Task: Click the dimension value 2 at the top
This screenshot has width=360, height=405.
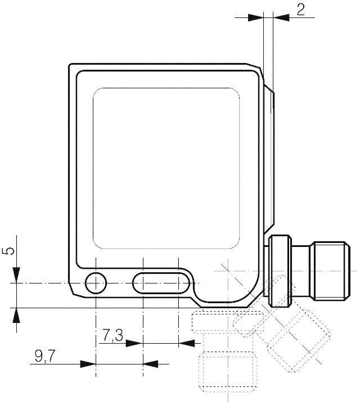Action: tap(300, 10)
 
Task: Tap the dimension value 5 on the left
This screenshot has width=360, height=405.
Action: tap(8, 251)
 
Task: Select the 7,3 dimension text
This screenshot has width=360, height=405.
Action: tap(112, 335)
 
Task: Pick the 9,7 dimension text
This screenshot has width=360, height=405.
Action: tap(45, 356)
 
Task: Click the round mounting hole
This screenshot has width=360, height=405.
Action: tap(96, 283)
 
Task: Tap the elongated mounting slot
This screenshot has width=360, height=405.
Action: tap(161, 283)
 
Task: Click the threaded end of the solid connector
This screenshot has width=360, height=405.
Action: tap(330, 271)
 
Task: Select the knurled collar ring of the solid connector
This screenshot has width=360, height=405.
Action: tap(280, 271)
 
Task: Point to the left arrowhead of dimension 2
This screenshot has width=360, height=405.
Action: tap(256, 17)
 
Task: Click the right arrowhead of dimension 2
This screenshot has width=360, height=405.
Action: tap(281, 17)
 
